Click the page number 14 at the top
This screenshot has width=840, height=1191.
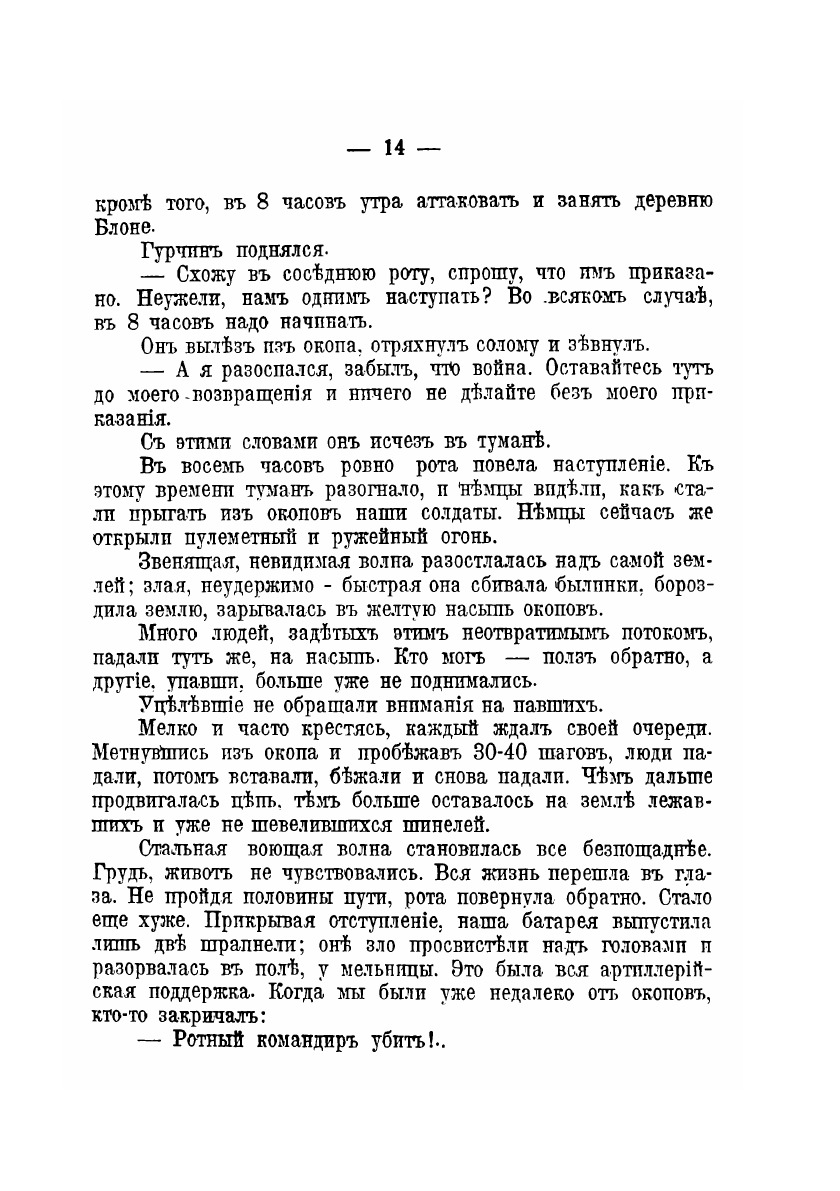392,148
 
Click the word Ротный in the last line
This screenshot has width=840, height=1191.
210,1041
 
